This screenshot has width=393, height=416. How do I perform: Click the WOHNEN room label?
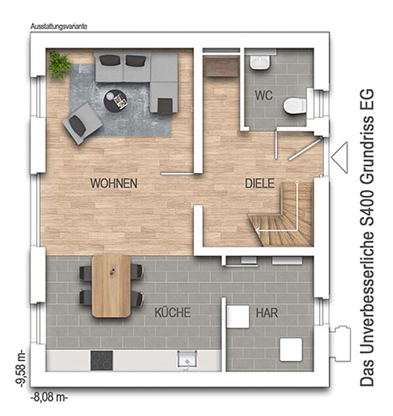[114, 183]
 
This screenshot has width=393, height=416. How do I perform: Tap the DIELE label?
[259, 183]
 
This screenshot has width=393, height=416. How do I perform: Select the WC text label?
[263, 95]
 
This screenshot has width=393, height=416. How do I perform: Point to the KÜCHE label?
[173, 312]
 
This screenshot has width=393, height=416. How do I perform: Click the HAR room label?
[267, 313]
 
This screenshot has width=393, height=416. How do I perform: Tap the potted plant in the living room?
[59, 66]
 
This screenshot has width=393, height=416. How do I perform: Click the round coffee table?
[115, 101]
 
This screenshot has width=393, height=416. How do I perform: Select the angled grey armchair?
[83, 124]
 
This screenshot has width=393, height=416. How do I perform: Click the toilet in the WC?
[295, 106]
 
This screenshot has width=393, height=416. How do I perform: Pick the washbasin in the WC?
[260, 63]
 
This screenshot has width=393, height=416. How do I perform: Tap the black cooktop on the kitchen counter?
[102, 360]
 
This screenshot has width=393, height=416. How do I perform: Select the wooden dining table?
[111, 286]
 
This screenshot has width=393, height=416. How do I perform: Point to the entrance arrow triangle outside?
[339, 158]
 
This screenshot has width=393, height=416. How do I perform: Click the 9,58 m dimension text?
[20, 368]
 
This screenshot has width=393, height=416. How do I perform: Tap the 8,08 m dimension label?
[49, 398]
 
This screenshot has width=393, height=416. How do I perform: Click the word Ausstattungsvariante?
[59, 26]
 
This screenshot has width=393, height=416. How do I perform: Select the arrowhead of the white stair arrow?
[258, 231]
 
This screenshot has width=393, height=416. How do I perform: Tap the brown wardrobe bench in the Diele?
[221, 66]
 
